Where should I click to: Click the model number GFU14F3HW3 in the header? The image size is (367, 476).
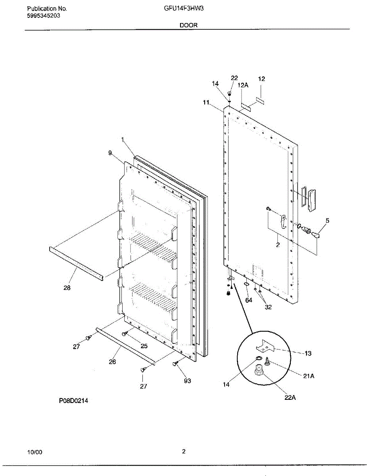coord(184,8)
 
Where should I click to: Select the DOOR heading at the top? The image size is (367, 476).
coord(188,25)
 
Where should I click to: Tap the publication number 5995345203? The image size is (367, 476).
coord(44,15)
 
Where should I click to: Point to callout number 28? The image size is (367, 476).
coord(67,288)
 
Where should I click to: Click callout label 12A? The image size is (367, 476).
coord(243,85)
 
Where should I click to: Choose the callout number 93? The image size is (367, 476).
coord(187,381)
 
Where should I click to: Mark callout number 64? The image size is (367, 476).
coord(249,300)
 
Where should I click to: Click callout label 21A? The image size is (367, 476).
coord(309,376)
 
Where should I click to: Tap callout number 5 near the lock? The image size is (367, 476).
coord(327,220)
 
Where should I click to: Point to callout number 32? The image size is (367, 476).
coord(268,307)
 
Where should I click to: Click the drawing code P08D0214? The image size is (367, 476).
coord(73,401)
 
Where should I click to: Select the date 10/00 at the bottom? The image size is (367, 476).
coord(35,452)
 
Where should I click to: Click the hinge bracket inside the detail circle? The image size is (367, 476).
coord(264,347)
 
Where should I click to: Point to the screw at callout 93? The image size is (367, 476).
coord(175,363)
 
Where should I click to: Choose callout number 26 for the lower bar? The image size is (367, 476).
coord(112,361)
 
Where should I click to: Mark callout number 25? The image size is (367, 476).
coord(144,346)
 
